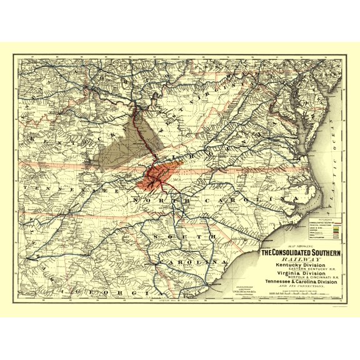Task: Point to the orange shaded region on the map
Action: point(156,175)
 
